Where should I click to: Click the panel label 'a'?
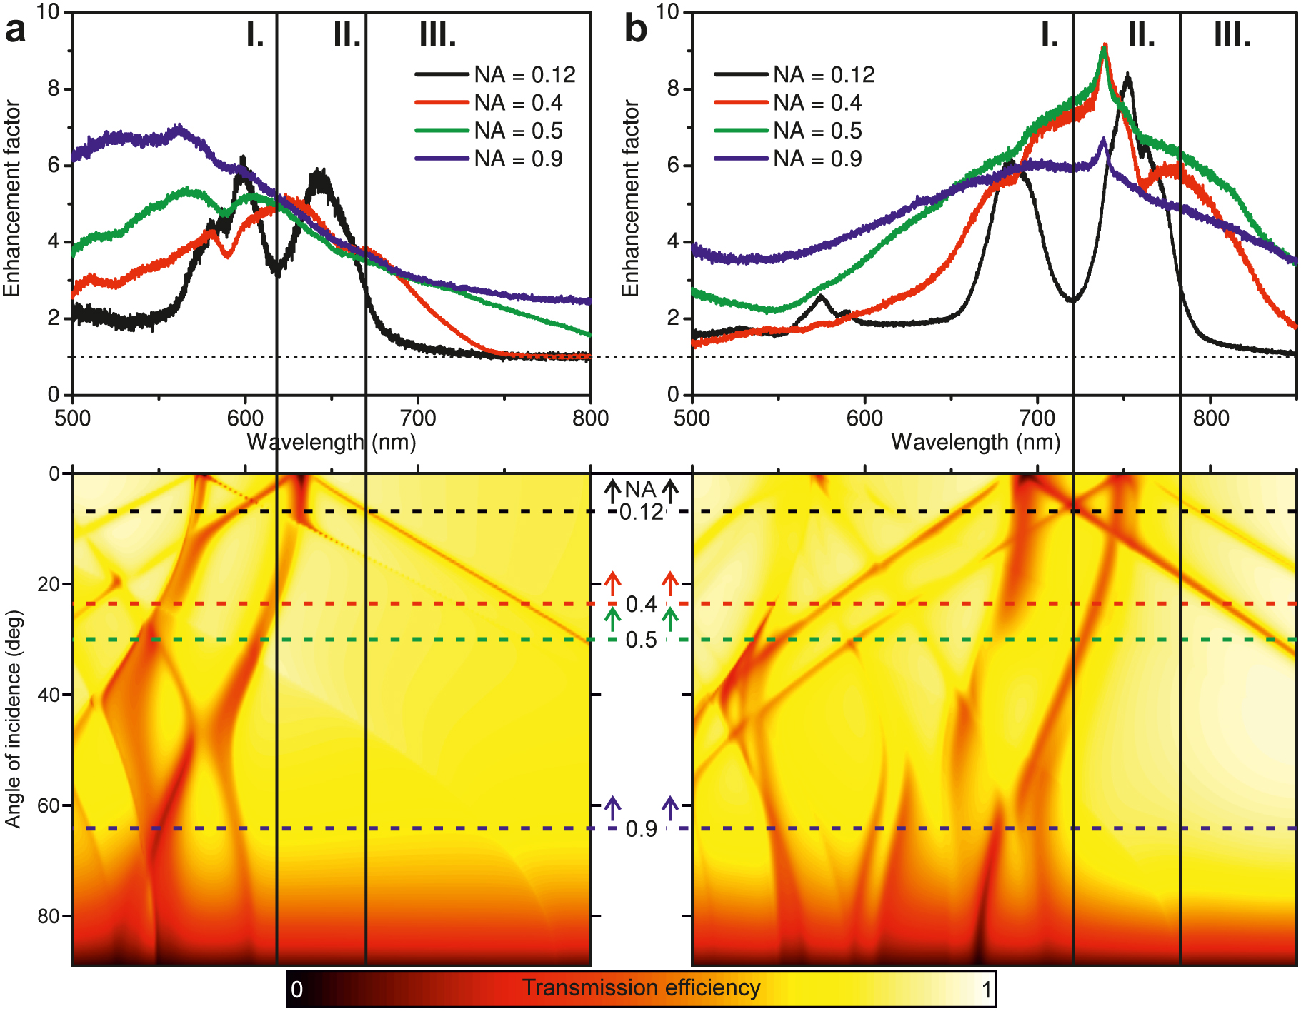15,31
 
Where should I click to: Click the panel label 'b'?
635,31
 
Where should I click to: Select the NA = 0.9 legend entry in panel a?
518,159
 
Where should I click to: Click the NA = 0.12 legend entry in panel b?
824,75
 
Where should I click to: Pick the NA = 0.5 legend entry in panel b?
817,131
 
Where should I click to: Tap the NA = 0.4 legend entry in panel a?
518,103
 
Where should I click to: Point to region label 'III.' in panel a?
437,34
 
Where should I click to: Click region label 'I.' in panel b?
1049,34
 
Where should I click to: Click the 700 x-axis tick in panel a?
417,418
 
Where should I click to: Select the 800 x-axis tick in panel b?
1210,418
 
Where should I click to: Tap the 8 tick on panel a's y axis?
54,89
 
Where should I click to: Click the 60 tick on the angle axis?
48,805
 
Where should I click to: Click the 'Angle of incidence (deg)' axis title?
13,719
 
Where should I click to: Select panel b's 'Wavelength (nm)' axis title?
975,443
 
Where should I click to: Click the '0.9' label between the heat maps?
641,829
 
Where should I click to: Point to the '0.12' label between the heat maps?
641,512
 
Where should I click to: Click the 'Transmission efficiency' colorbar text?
641,988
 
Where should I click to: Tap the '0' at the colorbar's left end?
297,990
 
